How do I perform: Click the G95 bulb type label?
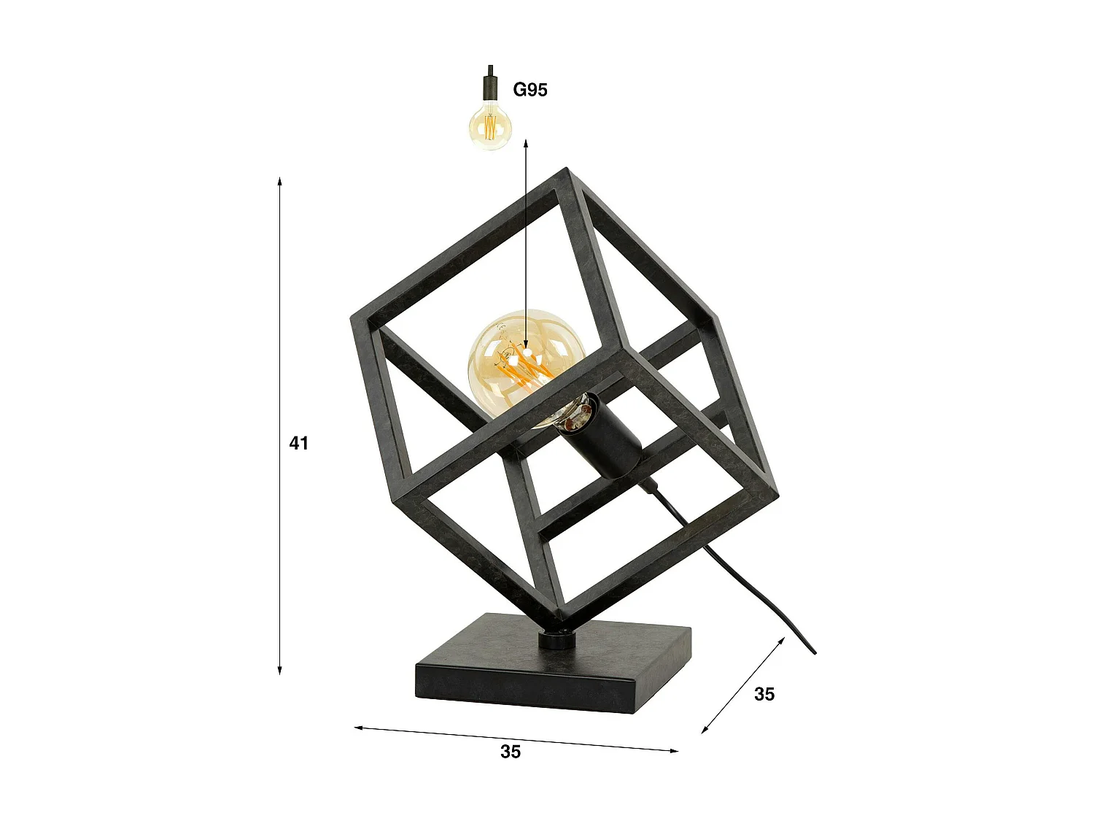[530, 90]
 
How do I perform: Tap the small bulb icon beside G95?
[490, 126]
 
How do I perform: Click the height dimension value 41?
[299, 443]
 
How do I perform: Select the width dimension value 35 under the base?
[511, 752]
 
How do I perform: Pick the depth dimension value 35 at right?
[764, 694]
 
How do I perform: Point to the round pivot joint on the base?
[556, 639]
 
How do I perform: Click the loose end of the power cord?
[814, 652]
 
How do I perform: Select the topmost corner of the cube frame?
[565, 172]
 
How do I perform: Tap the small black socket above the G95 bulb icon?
[490, 86]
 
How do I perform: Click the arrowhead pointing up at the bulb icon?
[526, 145]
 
